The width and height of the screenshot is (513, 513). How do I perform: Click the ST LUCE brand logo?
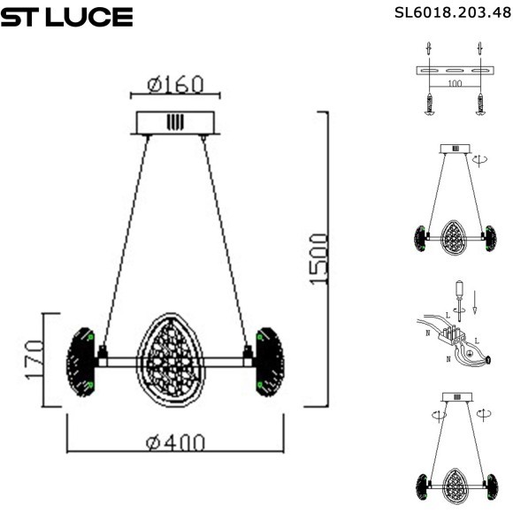click(x=66, y=17)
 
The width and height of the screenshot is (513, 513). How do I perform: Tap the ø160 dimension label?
click(x=174, y=85)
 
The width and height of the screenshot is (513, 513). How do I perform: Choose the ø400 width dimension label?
click(x=176, y=440)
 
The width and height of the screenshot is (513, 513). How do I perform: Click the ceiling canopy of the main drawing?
click(x=174, y=122)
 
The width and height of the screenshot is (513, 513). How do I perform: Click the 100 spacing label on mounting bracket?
click(x=454, y=83)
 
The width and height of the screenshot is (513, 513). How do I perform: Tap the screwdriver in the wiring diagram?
click(x=458, y=295)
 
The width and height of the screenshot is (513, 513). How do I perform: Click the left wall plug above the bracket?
click(x=428, y=48)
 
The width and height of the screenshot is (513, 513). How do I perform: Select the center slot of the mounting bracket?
click(x=455, y=71)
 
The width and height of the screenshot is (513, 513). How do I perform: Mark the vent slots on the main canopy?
click(x=174, y=121)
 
